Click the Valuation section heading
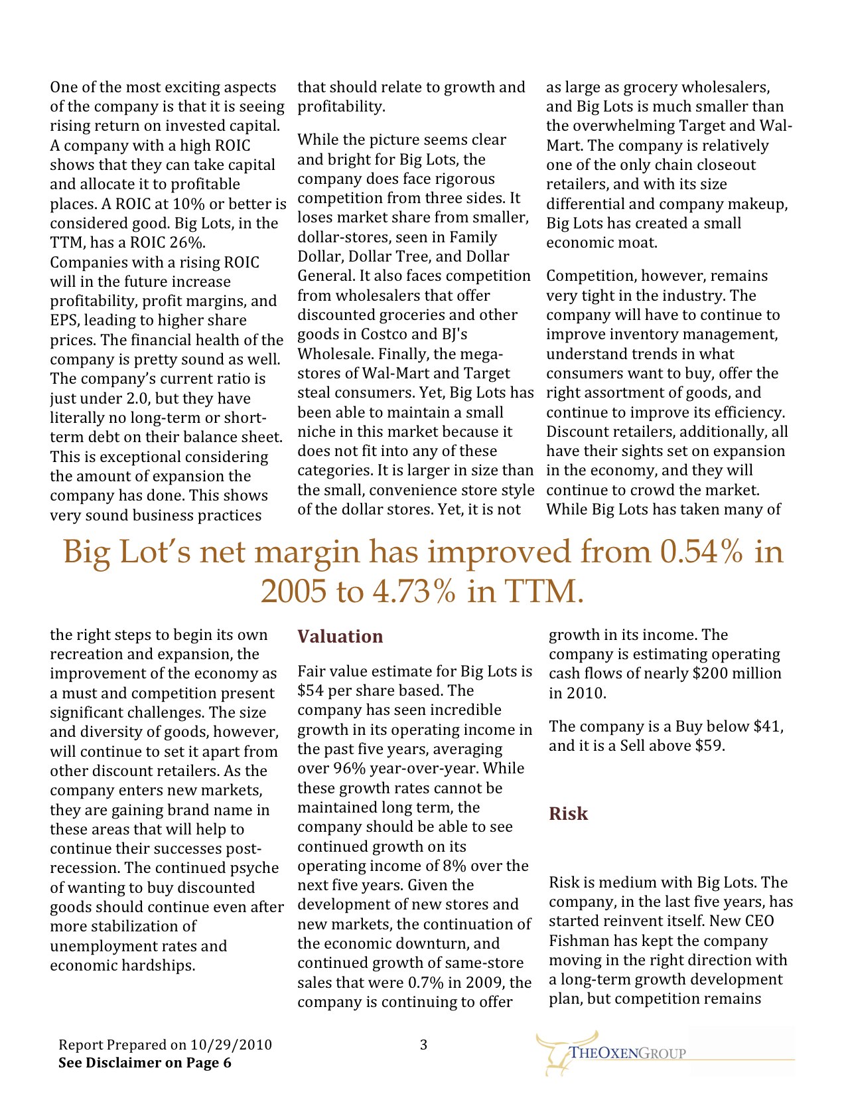(x=340, y=637)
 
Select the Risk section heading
(x=568, y=814)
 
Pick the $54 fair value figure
(x=311, y=690)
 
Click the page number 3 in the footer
(x=423, y=1045)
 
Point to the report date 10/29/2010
(x=231, y=1045)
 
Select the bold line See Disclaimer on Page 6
(x=145, y=1063)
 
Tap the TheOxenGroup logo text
(x=628, y=1053)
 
